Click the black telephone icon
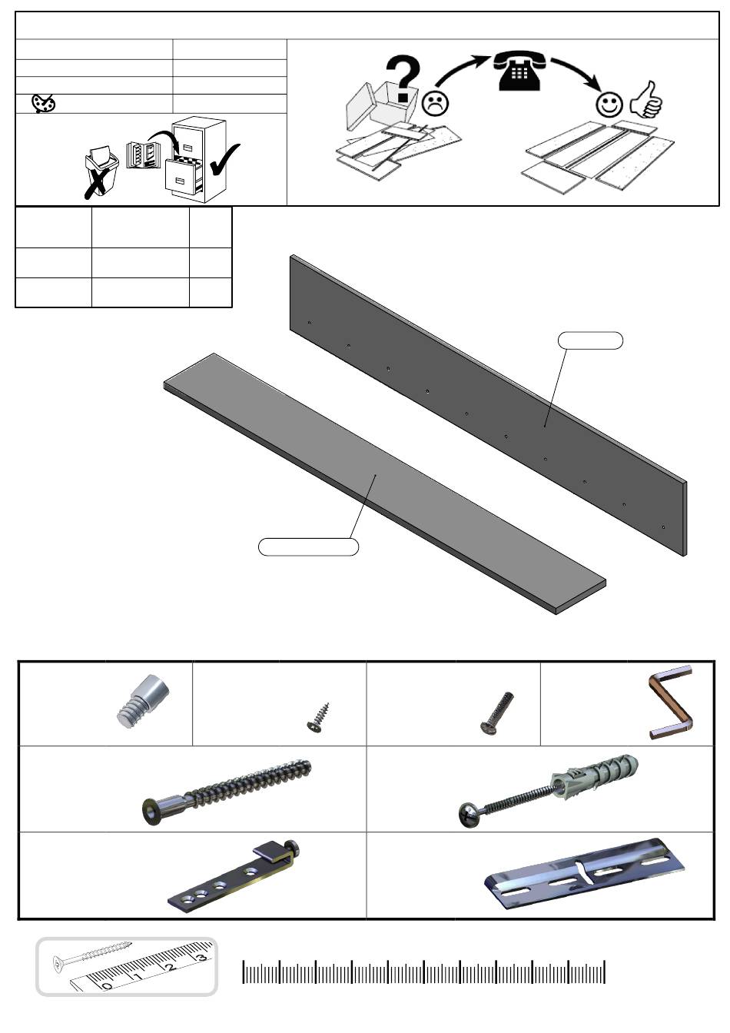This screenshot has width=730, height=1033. pyautogui.click(x=519, y=71)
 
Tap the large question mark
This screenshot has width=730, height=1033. pyautogui.click(x=403, y=78)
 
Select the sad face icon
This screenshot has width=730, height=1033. pyautogui.click(x=436, y=104)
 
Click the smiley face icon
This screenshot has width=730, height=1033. pyautogui.click(x=609, y=105)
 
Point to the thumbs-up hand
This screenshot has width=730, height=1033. pyautogui.click(x=646, y=100)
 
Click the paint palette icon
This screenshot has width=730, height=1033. pyautogui.click(x=43, y=103)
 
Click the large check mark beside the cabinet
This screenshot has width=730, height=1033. pyautogui.click(x=224, y=160)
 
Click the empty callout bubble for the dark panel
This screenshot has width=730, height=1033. pyautogui.click(x=590, y=340)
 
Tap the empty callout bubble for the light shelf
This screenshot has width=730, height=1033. pyautogui.click(x=308, y=546)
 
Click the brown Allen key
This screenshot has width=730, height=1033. pyautogui.click(x=670, y=703)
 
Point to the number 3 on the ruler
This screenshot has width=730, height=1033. pyautogui.click(x=201, y=958)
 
